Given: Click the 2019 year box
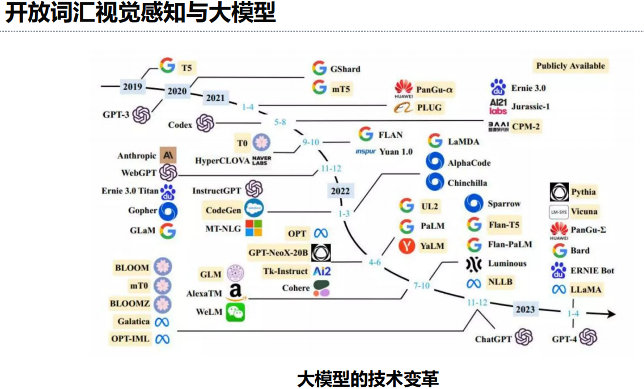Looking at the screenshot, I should tap(133, 87).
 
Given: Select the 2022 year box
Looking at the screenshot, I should tap(340, 191).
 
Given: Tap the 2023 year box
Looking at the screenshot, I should tap(525, 310).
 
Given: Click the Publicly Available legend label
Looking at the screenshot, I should tap(571, 66).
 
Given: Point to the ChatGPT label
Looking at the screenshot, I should tap(494, 339).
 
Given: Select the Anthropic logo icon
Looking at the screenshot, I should tap(168, 155).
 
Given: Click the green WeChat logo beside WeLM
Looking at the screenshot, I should tap(236, 312).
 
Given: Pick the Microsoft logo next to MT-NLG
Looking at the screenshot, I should tap(253, 229).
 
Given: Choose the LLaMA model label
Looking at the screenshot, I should tap(587, 289).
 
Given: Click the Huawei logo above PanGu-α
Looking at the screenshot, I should tap(404, 88).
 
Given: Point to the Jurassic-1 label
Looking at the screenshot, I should tap(531, 106).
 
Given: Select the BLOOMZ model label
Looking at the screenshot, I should tap(130, 303).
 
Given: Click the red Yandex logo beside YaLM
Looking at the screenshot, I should tap(406, 246).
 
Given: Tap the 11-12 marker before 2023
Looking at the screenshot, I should tap(477, 302).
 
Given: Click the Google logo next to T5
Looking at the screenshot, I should tap(167, 66).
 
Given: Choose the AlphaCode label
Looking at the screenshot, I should tap(469, 163).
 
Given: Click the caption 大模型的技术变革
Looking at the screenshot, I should tap(368, 378).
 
